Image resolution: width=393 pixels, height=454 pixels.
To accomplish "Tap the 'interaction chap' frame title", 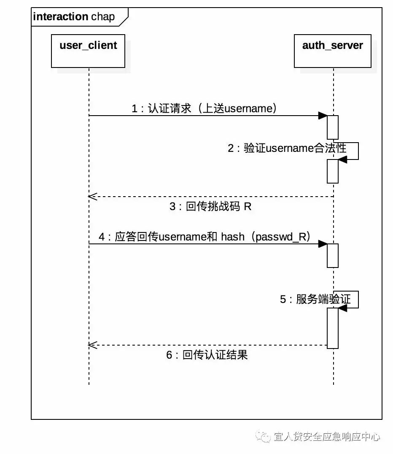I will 74,17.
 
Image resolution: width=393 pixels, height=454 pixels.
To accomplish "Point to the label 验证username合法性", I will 287,148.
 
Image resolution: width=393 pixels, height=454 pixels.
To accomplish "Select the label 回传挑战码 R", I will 210,207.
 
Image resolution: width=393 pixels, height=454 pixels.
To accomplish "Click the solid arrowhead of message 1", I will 323,116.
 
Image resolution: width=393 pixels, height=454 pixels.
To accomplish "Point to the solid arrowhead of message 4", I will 323,244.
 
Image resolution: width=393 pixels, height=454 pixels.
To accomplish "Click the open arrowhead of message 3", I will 92,197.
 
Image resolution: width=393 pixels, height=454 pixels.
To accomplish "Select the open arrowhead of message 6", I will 92,345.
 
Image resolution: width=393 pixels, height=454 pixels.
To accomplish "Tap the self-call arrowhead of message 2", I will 342,159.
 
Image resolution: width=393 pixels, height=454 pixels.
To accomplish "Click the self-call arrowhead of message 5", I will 342,308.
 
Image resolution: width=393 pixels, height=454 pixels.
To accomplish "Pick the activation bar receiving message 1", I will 333,127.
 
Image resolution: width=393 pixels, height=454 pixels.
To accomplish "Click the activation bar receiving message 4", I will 333,255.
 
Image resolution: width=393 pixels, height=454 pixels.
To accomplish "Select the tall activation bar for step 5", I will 333,328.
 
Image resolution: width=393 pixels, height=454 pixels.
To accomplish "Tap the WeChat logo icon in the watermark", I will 264,437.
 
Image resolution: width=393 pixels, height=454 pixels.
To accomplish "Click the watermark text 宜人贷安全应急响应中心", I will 327,437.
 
